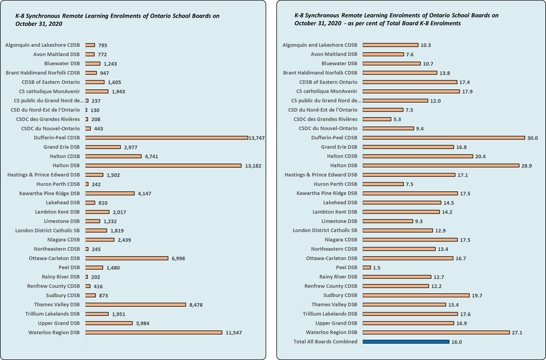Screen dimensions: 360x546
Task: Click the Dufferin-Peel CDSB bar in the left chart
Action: tap(167, 138)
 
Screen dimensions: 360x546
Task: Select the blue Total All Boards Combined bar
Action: tap(405, 342)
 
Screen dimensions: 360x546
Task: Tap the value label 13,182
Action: tap(253, 166)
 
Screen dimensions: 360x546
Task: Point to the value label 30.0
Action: tap(533, 138)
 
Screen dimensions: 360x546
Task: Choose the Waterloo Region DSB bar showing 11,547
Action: tap(153, 333)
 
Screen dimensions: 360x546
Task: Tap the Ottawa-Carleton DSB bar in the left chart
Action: tap(127, 258)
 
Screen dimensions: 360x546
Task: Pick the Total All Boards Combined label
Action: tap(325, 342)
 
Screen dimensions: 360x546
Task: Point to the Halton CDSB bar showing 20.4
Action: tap(417, 156)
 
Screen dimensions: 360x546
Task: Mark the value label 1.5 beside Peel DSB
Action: tap(376, 268)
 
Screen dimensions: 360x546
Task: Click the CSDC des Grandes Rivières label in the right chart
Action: tap(325, 119)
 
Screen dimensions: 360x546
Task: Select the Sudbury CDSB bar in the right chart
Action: tap(416, 296)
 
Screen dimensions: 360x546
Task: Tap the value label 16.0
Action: tap(458, 342)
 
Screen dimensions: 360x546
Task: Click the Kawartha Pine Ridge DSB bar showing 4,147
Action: tap(110, 193)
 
